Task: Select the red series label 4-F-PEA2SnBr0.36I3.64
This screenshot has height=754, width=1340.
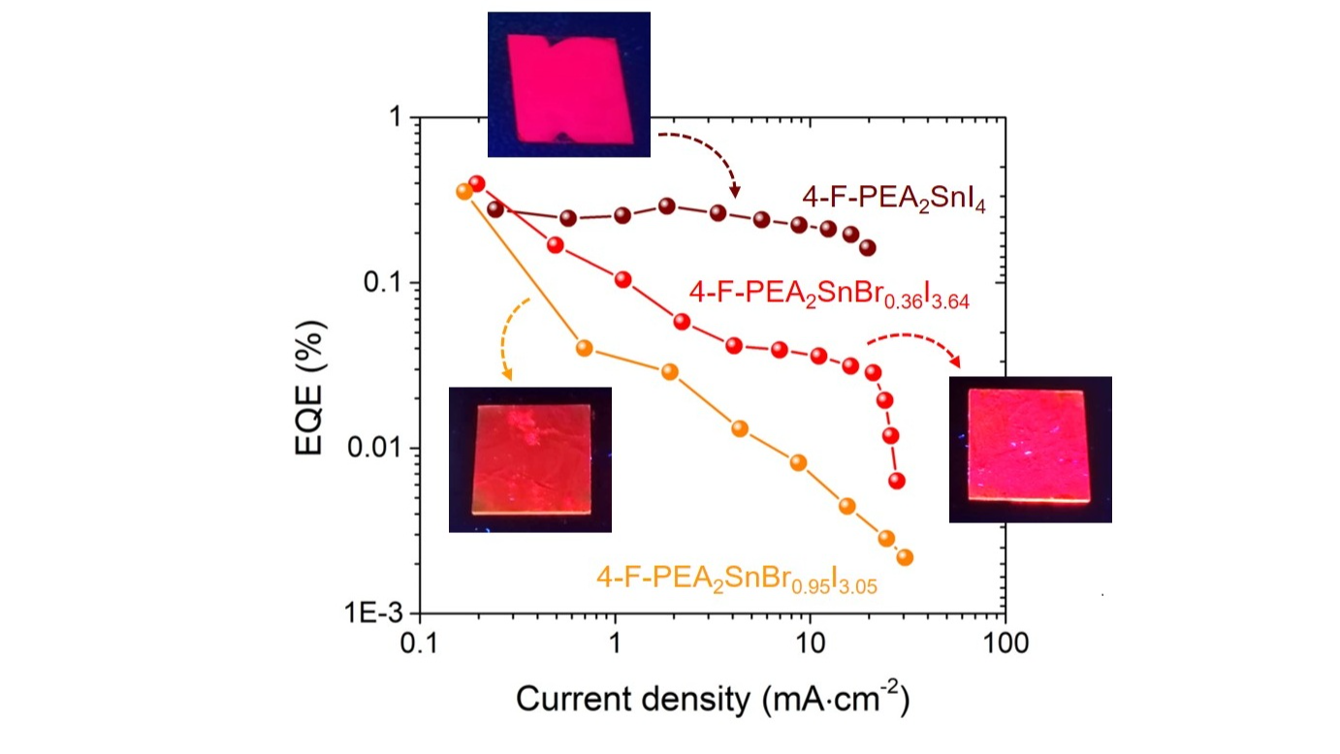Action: (829, 293)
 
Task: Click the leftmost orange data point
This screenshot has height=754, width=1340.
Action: (464, 191)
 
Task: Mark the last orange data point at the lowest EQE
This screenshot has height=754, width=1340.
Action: (905, 557)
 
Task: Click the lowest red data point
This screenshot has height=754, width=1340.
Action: (897, 481)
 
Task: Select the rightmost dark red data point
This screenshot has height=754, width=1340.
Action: (868, 248)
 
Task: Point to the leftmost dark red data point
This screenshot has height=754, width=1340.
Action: (495, 208)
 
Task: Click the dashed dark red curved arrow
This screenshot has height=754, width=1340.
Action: (703, 155)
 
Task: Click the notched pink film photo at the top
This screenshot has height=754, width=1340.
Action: (568, 84)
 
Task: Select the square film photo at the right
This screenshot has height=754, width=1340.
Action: (1030, 449)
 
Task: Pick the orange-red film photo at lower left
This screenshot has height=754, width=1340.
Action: (529, 459)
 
